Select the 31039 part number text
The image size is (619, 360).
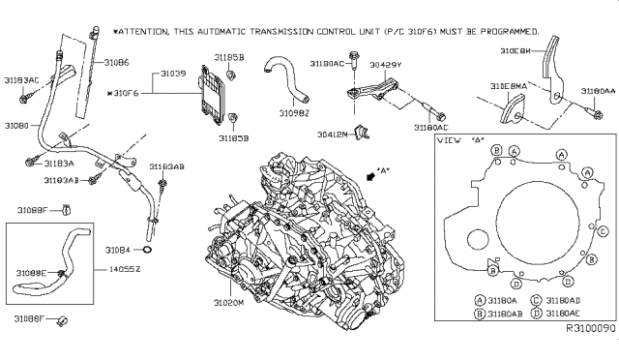[x=174, y=74]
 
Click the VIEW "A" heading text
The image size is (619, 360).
[x=460, y=141]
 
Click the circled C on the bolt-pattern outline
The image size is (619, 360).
[x=603, y=232]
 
